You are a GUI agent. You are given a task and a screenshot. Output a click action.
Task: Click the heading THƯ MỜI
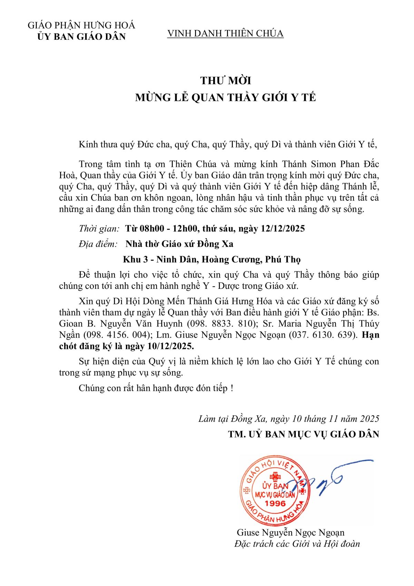tap(226, 81)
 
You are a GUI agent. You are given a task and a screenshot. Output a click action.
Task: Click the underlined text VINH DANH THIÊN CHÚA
tap(225, 34)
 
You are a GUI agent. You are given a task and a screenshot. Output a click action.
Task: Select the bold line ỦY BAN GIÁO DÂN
tap(81, 37)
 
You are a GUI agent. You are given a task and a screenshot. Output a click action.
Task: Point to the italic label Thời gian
tap(99, 228)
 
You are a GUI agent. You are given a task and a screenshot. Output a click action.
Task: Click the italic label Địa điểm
tap(98, 244)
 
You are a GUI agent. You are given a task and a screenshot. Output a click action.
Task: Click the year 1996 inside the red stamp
tap(275, 503)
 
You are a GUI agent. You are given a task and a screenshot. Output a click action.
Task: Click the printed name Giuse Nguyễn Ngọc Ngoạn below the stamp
tap(290, 532)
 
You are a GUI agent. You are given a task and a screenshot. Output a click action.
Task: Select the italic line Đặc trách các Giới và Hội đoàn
tap(297, 544)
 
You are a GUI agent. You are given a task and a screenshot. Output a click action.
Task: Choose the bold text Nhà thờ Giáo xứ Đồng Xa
tap(179, 244)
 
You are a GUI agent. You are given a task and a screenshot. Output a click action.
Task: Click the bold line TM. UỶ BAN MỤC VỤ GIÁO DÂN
tap(303, 434)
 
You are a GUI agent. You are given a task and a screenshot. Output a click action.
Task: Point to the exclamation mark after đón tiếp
tap(232, 388)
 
